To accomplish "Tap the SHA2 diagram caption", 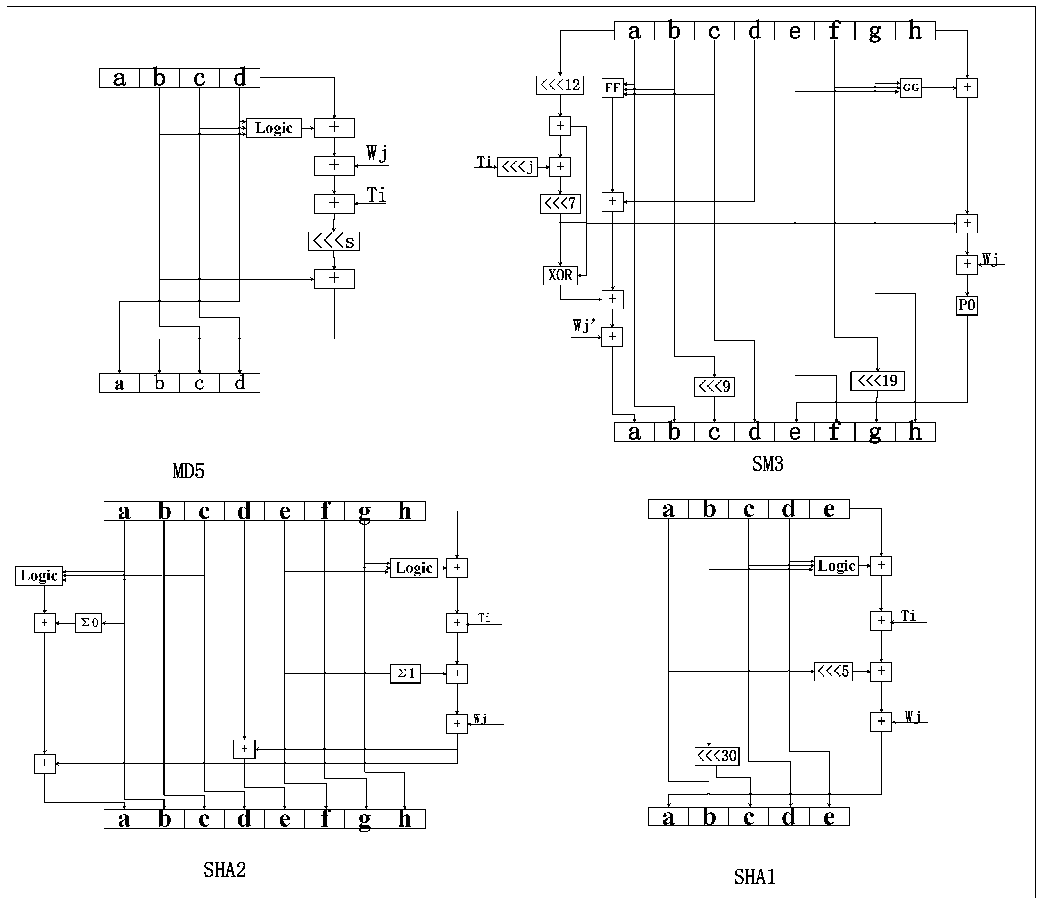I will pyautogui.click(x=225, y=870).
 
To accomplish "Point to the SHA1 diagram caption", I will pyautogui.click(x=754, y=877).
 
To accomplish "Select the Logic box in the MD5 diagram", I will pyautogui.click(x=274, y=128).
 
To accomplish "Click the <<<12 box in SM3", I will pyautogui.click(x=560, y=85).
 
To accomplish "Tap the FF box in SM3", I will pyautogui.click(x=612, y=88).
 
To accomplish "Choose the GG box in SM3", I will pyautogui.click(x=911, y=88).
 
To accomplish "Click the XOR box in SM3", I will pyautogui.click(x=560, y=276).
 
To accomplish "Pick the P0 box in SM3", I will pyautogui.click(x=967, y=305).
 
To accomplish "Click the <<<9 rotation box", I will pyautogui.click(x=714, y=387).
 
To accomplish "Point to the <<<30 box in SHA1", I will pyautogui.click(x=716, y=756).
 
